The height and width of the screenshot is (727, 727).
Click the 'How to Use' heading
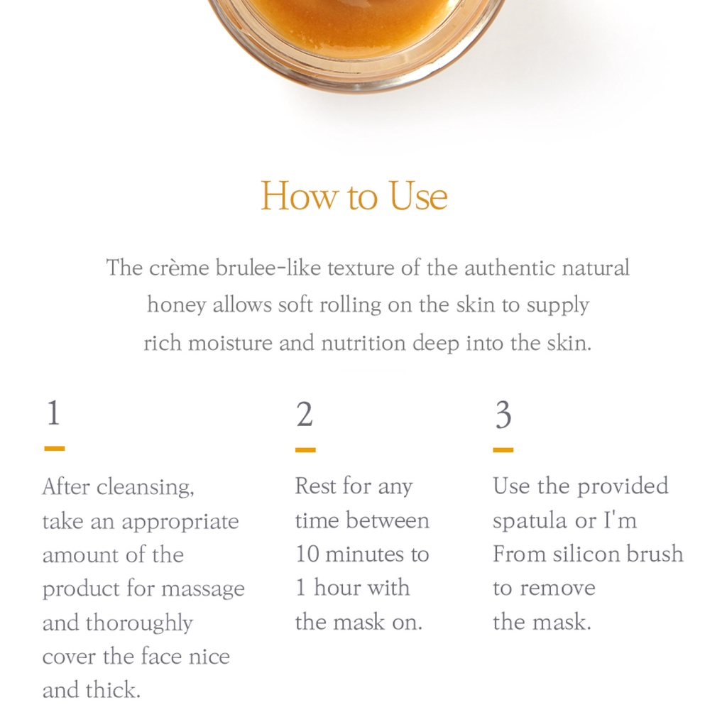point(354,196)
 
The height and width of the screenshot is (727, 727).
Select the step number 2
point(305,414)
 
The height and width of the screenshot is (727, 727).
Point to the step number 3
point(503,414)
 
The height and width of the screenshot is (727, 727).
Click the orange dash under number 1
point(54,449)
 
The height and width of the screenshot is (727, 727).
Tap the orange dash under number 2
point(305,449)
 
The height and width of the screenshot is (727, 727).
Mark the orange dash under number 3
point(503,449)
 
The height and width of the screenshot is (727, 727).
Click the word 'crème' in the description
point(179,268)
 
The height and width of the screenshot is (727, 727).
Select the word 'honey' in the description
point(177,306)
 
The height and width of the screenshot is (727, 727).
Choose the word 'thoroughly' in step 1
point(139,623)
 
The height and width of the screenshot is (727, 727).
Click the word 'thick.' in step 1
point(113,689)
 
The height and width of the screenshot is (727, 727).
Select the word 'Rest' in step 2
point(316,486)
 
